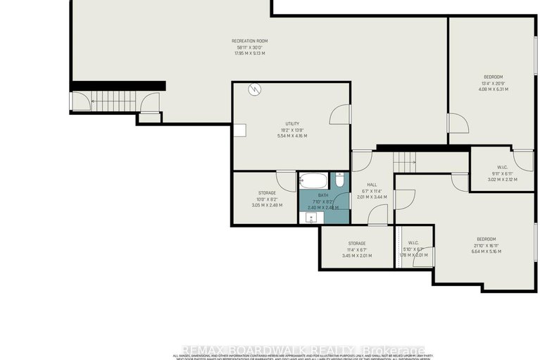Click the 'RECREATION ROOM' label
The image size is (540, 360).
tap(250, 41)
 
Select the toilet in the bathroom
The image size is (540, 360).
tap(339, 182)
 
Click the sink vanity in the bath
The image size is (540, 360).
tap(310, 218)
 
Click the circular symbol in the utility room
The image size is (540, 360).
tap(255, 89)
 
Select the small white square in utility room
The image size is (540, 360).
tap(240, 130)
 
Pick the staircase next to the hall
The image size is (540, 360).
tap(405, 162)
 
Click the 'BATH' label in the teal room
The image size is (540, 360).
tap(323, 195)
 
